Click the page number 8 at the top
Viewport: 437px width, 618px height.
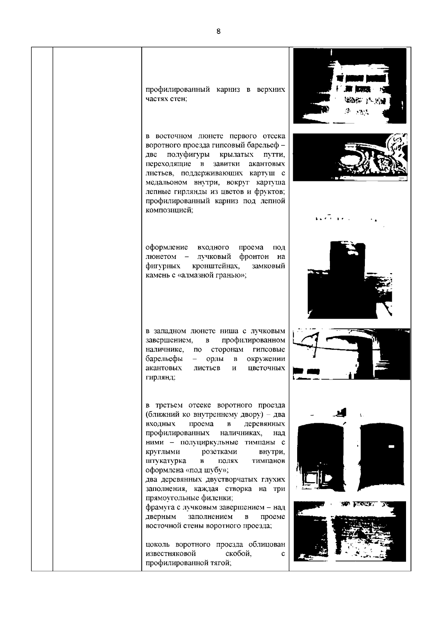219,31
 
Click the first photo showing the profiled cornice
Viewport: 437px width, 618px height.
350,86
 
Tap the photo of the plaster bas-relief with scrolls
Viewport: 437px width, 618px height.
350,157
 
